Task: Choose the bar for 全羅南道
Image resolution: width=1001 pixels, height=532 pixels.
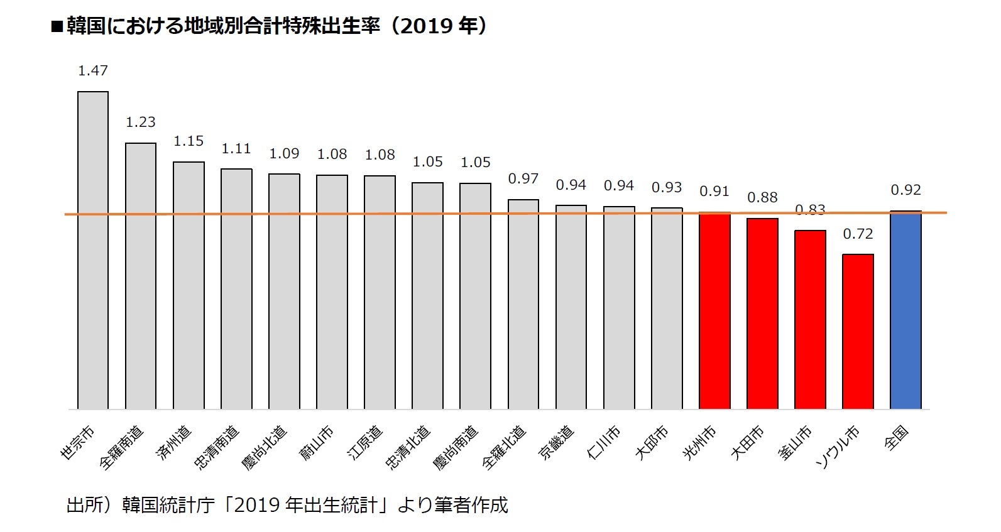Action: point(141,276)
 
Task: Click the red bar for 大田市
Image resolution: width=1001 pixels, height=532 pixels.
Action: point(762,314)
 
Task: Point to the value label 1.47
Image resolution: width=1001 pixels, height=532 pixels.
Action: point(93,71)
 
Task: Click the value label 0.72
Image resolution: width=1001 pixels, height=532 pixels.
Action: point(858,234)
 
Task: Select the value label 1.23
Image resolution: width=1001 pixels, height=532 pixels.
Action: point(141,122)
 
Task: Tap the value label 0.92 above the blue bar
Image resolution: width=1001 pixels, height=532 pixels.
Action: point(905,190)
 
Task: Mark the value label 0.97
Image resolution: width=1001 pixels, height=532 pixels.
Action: point(523,179)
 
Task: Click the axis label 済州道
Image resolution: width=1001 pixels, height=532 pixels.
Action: point(174,444)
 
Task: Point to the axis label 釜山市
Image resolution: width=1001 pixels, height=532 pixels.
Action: point(796,443)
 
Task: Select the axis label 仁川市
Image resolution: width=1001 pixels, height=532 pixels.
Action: point(604,443)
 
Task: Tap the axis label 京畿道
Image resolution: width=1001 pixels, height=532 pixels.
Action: point(557,443)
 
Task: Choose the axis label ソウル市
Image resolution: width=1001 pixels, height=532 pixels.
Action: point(838,447)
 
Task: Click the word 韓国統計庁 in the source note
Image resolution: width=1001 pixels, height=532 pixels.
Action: point(168,505)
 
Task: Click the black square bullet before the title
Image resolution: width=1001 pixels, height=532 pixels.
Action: point(57,27)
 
